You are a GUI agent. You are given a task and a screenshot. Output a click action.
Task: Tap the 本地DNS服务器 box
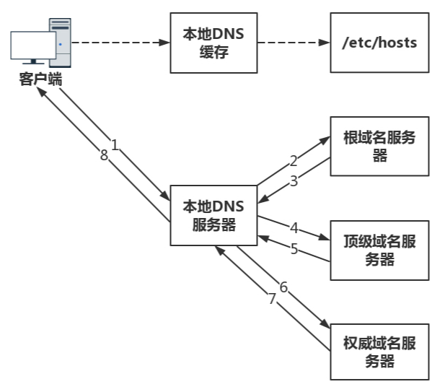(x=213, y=216)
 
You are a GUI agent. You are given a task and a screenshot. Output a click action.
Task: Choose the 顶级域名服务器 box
(x=379, y=250)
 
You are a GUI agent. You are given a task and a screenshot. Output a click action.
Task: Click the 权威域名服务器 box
(x=379, y=352)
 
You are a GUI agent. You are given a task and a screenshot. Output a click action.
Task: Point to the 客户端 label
(x=40, y=80)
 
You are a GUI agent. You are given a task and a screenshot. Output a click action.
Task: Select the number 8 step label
(x=104, y=154)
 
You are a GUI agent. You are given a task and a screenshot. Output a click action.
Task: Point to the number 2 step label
(x=294, y=160)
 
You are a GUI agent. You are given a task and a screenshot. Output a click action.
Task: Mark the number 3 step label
(x=294, y=181)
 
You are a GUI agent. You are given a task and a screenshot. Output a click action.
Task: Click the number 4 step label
(x=294, y=228)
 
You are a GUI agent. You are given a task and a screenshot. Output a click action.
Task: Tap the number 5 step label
(x=294, y=249)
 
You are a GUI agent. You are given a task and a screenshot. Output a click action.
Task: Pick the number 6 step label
(x=283, y=287)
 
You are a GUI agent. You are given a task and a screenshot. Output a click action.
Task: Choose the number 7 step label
(x=272, y=299)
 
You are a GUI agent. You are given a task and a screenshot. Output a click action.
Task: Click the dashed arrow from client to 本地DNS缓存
(x=120, y=43)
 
